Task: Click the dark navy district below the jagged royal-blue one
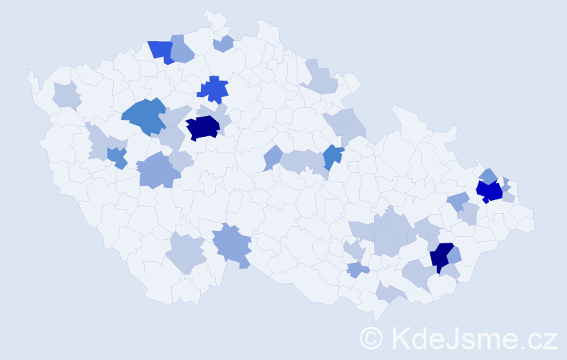[x=203, y=127]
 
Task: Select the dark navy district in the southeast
[x=441, y=257]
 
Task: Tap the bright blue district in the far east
[x=490, y=191]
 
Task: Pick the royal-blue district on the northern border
[x=162, y=51]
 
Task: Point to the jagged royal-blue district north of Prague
[x=214, y=90]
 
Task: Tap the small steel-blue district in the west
[x=117, y=157]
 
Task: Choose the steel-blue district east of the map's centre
[x=332, y=156]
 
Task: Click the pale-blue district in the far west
[x=66, y=94]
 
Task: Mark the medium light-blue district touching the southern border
[x=232, y=243]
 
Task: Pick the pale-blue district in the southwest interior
[x=185, y=253]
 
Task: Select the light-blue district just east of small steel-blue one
[x=156, y=170]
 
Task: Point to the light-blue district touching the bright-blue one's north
[x=488, y=175]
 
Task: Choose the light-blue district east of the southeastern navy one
[x=455, y=255]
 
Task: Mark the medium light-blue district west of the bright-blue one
[x=457, y=202]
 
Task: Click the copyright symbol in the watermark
[x=372, y=337]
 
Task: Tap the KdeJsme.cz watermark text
[x=471, y=337]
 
